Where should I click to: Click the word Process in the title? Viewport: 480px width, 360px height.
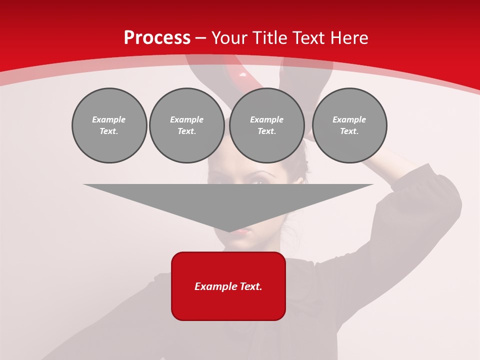157,38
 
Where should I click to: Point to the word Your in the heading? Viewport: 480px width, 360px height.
229,38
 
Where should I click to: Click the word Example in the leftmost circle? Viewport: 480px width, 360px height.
109,119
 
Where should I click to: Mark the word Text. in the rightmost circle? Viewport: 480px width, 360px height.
349,131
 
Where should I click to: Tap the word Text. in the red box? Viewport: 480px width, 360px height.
250,286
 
